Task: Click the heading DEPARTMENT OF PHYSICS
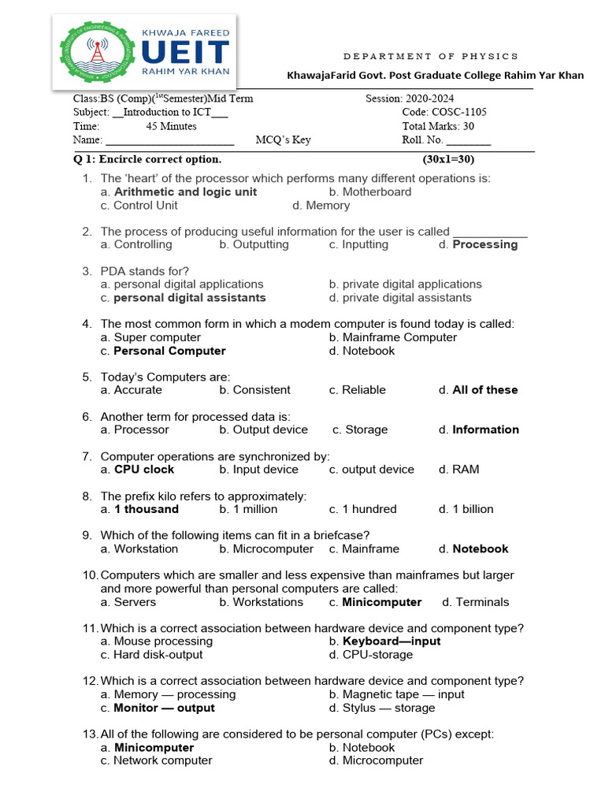pos(432,56)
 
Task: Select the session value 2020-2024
pos(427,99)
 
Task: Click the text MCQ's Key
pos(283,140)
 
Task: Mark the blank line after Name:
pos(169,141)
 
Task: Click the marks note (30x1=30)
pos(449,159)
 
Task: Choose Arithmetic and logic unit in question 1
pos(185,192)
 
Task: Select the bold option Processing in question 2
pos(484,245)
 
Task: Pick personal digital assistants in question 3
pos(189,298)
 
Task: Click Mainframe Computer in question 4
pos(399,337)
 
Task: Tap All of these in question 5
pos(484,390)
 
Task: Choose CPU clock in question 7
pos(144,470)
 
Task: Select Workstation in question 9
pos(146,549)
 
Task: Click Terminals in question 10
pos(482,602)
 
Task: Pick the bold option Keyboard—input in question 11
pos(391,642)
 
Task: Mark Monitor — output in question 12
pos(164,708)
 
